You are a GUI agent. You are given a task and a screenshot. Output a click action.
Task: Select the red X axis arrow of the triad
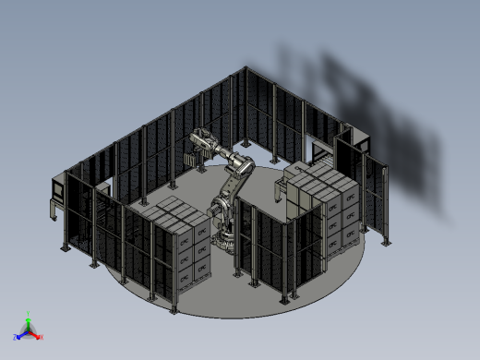pos(38,337)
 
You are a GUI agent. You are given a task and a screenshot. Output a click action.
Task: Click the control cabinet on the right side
pos(353,157)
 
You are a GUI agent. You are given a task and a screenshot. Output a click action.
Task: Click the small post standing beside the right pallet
pos(281,194)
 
